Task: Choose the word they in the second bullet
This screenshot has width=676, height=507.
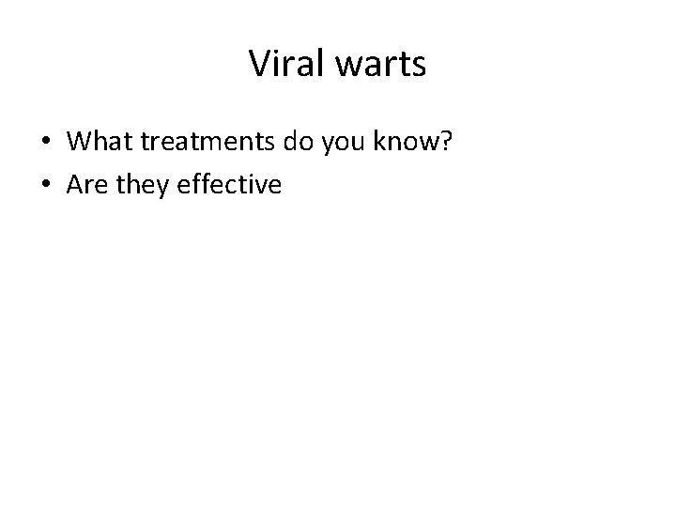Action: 140,185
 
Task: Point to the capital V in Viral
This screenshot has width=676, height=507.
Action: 258,64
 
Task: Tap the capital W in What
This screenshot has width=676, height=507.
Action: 82,142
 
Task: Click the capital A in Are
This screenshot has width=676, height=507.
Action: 76,185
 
